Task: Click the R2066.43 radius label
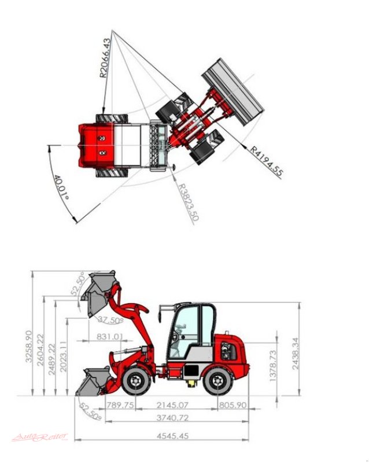(x=105, y=58)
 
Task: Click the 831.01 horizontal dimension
(x=110, y=336)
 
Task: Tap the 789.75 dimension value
(x=121, y=405)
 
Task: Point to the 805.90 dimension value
(x=233, y=405)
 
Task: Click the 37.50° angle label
(x=109, y=320)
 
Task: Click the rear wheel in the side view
(x=218, y=383)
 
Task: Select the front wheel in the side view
(x=135, y=383)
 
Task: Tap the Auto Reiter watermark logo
(x=40, y=437)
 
